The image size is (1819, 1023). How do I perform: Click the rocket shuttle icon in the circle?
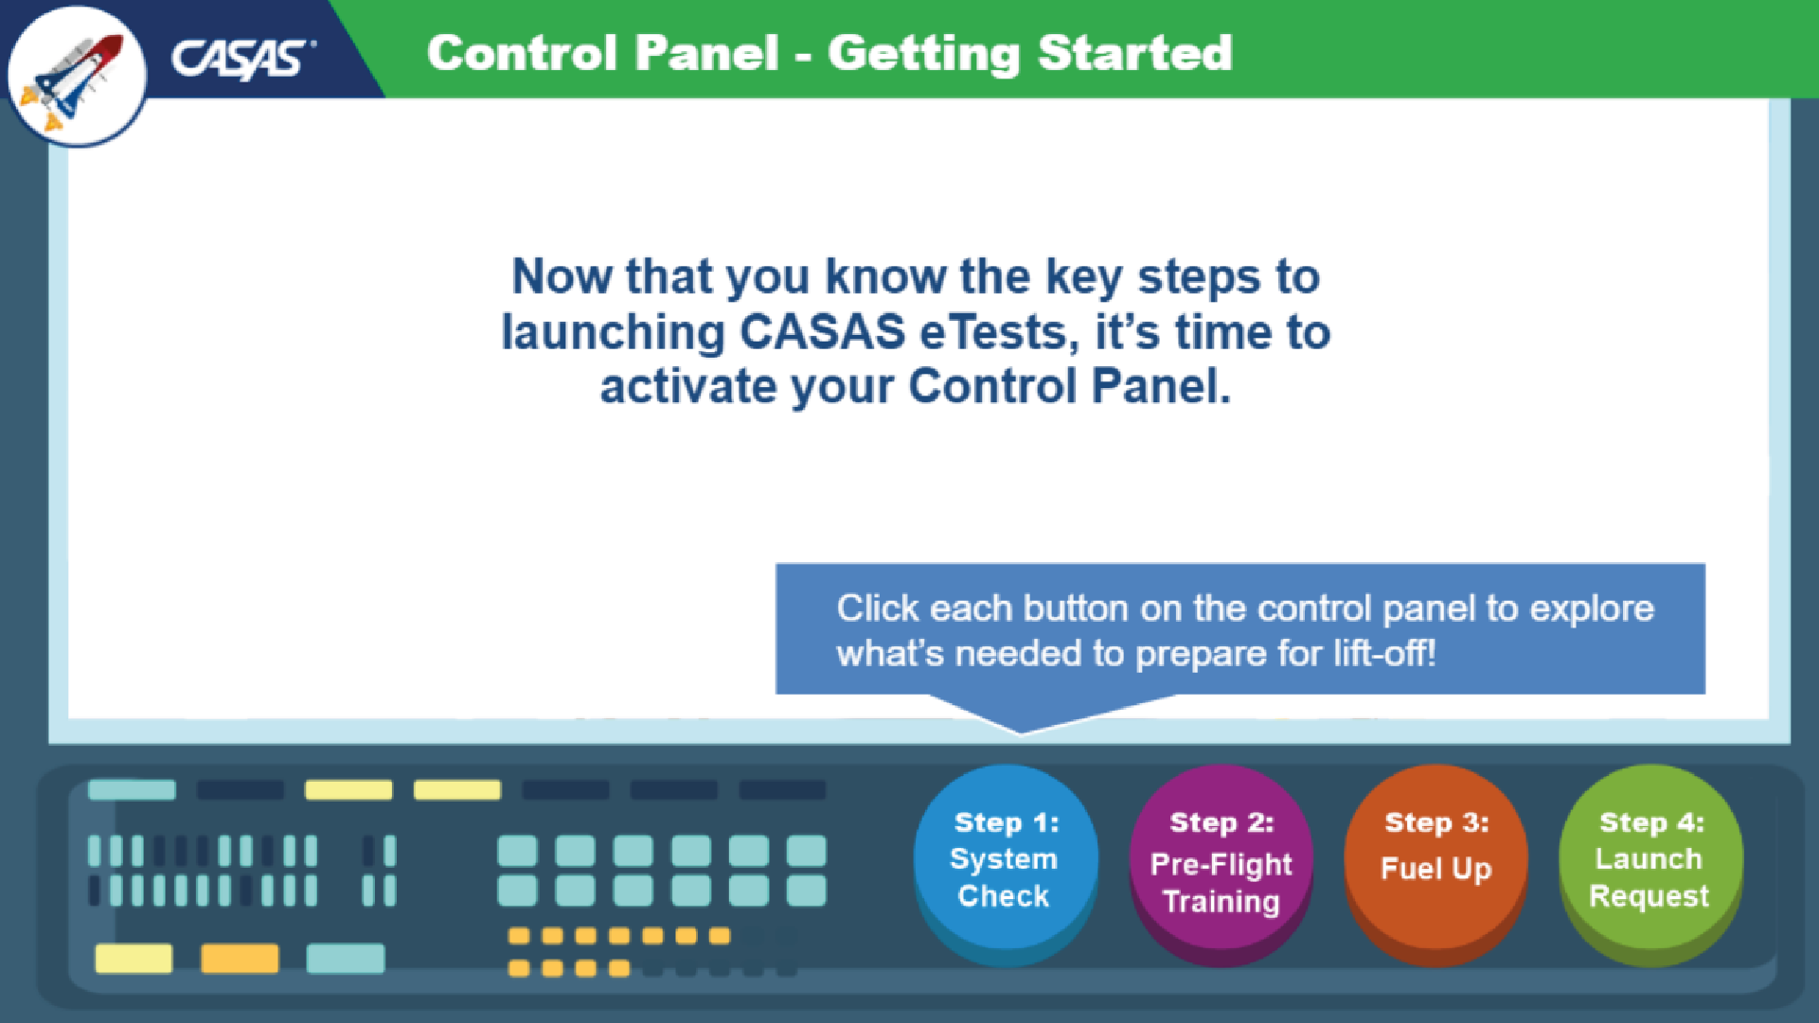pos(76,78)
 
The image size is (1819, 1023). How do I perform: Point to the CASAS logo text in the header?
pos(241,59)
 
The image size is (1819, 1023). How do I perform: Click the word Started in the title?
pos(1134,53)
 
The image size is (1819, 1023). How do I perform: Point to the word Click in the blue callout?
pos(877,609)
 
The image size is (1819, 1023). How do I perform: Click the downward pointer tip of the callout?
pos(1021,730)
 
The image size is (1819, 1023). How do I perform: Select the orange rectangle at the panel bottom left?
pos(240,958)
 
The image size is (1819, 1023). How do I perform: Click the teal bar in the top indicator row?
pos(132,789)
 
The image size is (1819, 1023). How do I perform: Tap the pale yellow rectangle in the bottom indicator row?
pos(134,958)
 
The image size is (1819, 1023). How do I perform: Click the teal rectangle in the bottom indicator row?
pos(346,958)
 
